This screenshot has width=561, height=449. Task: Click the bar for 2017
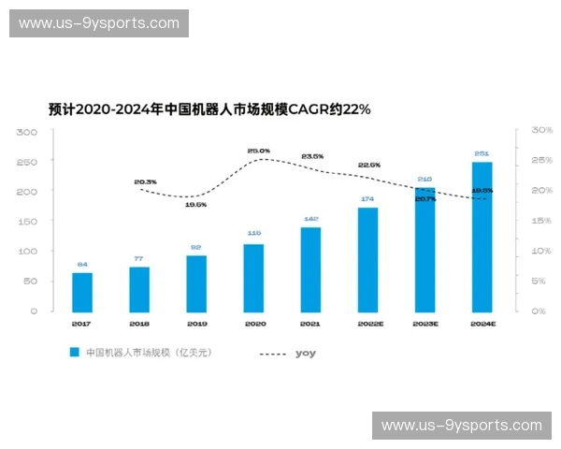[82, 292]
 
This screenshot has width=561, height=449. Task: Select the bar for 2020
[253, 277]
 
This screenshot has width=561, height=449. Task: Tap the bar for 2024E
[482, 236]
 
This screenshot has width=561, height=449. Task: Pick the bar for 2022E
[367, 258]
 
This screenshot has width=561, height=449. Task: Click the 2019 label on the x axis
[196, 324]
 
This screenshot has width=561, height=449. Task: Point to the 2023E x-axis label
[424, 324]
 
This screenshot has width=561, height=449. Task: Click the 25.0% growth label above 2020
[258, 151]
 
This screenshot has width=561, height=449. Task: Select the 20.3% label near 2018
[145, 181]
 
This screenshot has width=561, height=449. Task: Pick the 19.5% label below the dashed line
[195, 204]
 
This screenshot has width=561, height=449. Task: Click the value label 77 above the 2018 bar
[138, 258]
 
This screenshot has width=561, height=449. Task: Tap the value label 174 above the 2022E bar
[367, 199]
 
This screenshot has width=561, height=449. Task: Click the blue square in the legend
[74, 353]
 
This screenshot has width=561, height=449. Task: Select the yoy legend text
[305, 353]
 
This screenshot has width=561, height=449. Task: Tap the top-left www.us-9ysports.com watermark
[100, 22]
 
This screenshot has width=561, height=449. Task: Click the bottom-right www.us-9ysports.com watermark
[461, 426]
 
